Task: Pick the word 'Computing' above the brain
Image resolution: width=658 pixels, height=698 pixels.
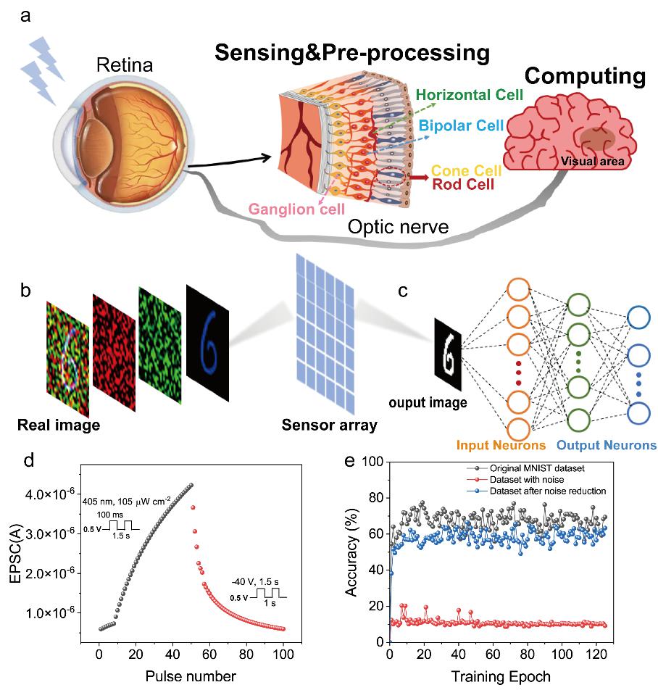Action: (584, 78)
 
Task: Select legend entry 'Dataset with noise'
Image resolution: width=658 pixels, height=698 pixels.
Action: (516, 478)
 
